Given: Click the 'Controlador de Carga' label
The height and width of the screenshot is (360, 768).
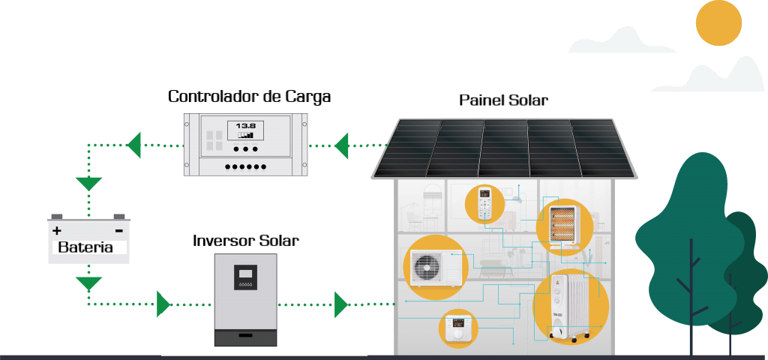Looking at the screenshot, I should click(249, 97).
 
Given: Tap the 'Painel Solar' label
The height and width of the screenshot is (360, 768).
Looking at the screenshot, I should click(503, 100).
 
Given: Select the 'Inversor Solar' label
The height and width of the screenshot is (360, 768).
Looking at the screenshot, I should click(245, 241).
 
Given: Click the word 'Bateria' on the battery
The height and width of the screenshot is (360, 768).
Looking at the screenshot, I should click(85, 247).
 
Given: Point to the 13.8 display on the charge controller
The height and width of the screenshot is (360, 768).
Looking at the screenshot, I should click(246, 126).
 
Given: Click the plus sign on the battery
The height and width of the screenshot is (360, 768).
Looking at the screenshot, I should click(57, 230).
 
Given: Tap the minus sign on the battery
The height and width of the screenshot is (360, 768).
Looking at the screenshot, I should click(118, 230).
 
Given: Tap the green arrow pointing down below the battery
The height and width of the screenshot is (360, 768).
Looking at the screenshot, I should click(89, 283).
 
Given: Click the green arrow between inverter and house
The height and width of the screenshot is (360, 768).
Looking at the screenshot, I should click(341, 304).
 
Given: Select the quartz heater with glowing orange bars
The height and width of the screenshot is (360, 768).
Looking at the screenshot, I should click(565, 223).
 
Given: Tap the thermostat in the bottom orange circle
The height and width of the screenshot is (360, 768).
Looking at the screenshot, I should click(457, 328).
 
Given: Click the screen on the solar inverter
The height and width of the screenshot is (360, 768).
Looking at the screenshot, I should click(245, 273).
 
